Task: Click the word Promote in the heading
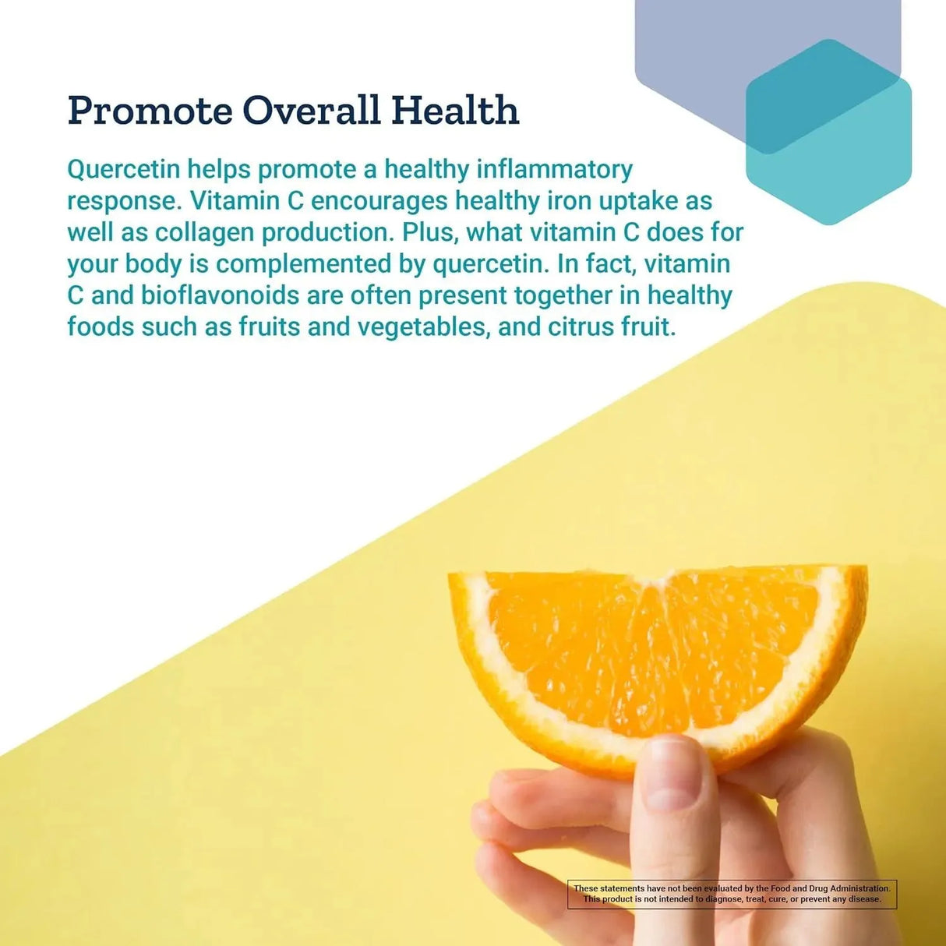(x=150, y=111)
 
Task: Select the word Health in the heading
(x=455, y=111)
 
